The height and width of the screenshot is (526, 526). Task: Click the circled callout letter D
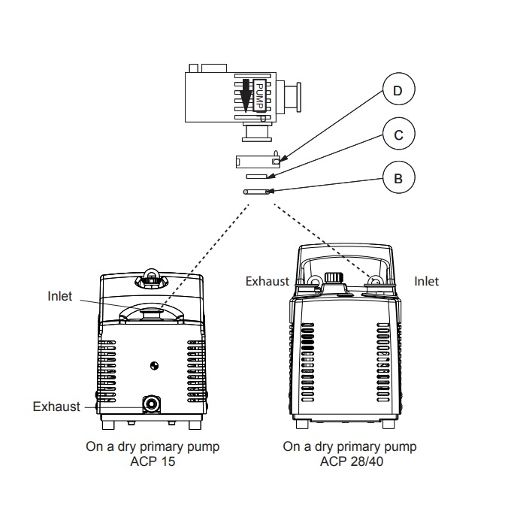tap(398, 92)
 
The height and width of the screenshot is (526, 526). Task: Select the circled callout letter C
tap(398, 135)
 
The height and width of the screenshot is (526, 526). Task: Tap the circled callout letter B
tap(398, 179)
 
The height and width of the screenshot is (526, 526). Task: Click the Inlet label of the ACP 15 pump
tap(60, 296)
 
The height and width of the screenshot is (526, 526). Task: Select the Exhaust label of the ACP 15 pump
tap(56, 407)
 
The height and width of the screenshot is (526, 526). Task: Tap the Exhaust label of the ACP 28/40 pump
tap(267, 281)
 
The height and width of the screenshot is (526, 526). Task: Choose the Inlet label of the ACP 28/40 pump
tap(427, 281)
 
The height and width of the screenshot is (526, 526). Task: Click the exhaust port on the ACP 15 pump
tap(153, 404)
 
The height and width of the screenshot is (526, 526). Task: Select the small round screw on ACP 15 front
tap(155, 366)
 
